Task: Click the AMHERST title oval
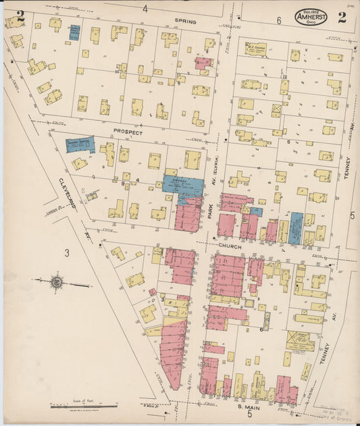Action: point(311,18)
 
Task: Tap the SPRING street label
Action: point(185,22)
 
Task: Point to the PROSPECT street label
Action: point(128,133)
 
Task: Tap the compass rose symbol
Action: point(57,282)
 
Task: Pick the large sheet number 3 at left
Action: point(67,253)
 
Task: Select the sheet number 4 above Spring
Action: point(145,9)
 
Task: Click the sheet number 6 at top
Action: point(278,21)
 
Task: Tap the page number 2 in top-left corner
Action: point(20,16)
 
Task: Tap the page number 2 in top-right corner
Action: point(342,17)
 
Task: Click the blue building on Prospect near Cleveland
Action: point(80,144)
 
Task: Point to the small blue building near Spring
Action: point(74,32)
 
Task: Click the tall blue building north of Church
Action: point(296,228)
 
